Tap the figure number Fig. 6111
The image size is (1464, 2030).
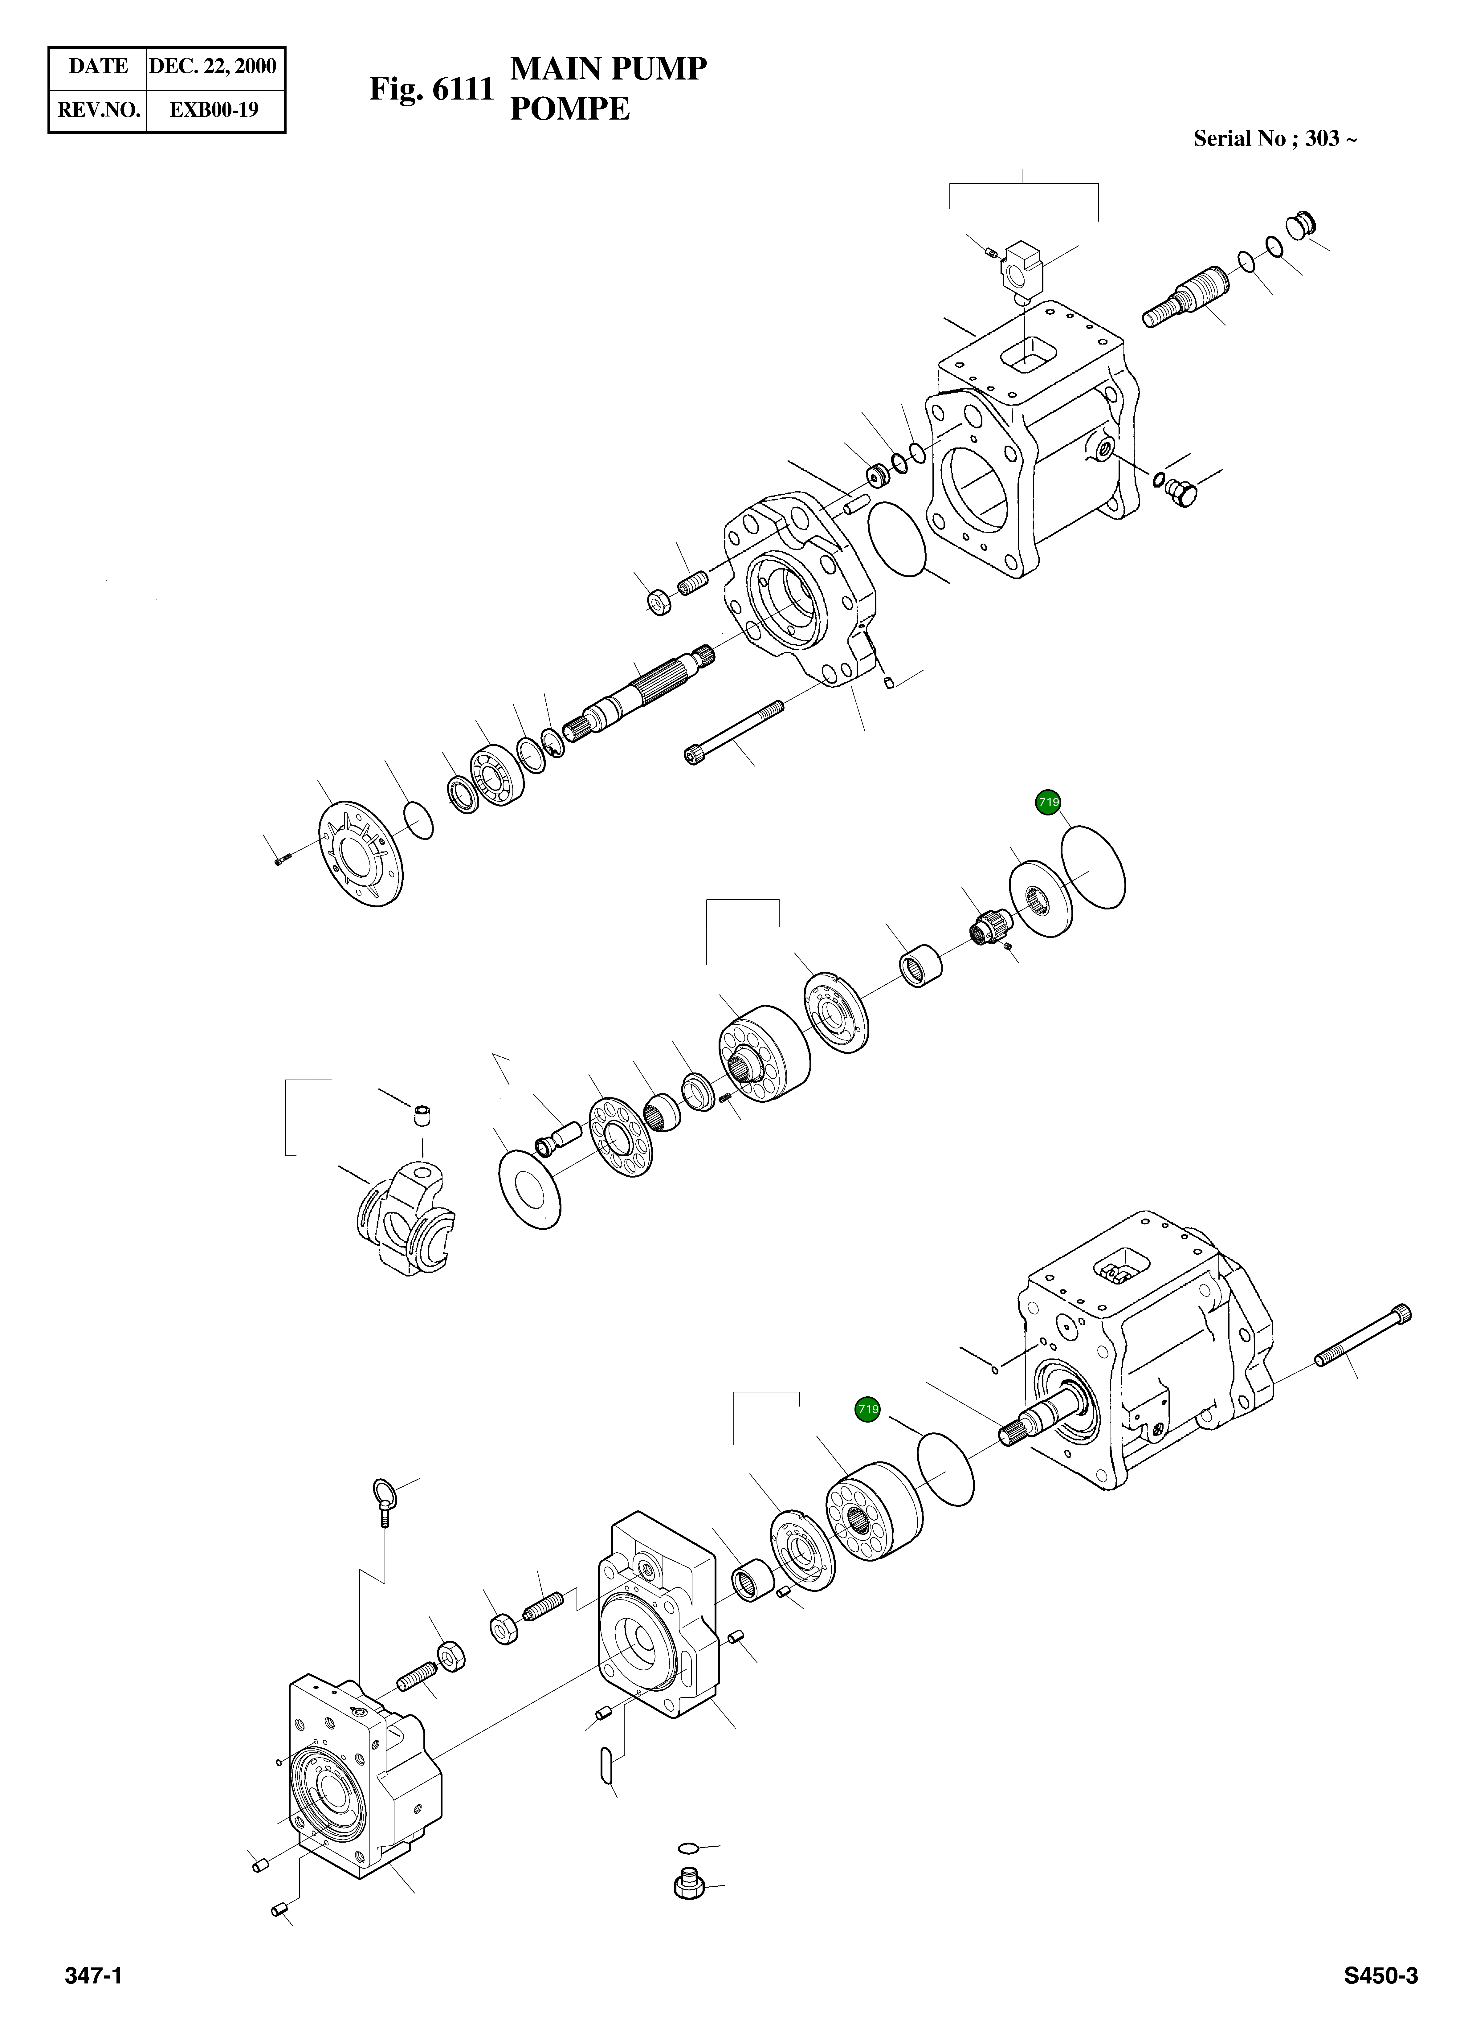pos(431,89)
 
